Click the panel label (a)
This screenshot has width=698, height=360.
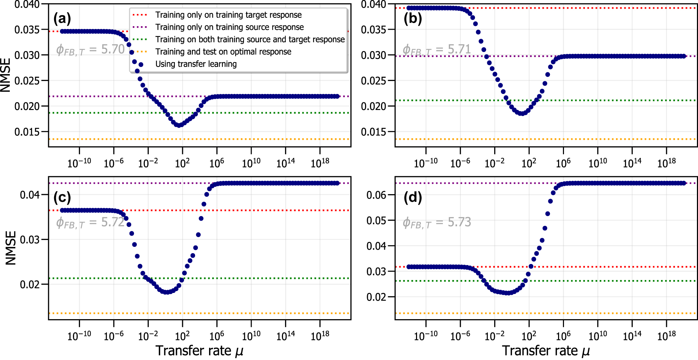[x=62, y=18]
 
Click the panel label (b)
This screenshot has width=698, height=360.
[x=413, y=18]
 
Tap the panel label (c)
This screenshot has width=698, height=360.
[x=62, y=197]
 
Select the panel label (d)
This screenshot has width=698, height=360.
[x=413, y=197]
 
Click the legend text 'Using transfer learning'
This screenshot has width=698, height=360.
[x=196, y=64]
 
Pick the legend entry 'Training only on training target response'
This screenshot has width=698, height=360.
[x=228, y=15]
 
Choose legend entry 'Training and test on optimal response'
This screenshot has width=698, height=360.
[x=223, y=52]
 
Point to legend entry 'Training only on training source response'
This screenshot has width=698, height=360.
[x=229, y=27]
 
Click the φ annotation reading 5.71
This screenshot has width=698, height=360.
[x=437, y=50]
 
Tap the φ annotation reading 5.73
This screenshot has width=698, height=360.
[x=437, y=222]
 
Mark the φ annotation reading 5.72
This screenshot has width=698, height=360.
[x=90, y=222]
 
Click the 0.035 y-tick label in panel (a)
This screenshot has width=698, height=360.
[x=27, y=30]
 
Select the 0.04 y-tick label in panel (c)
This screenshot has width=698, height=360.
[x=30, y=194]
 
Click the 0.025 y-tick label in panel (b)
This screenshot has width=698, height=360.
[x=373, y=81]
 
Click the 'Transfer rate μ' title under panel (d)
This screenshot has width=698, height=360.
[x=546, y=351]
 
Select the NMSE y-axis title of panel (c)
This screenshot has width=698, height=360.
[x=11, y=248]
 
